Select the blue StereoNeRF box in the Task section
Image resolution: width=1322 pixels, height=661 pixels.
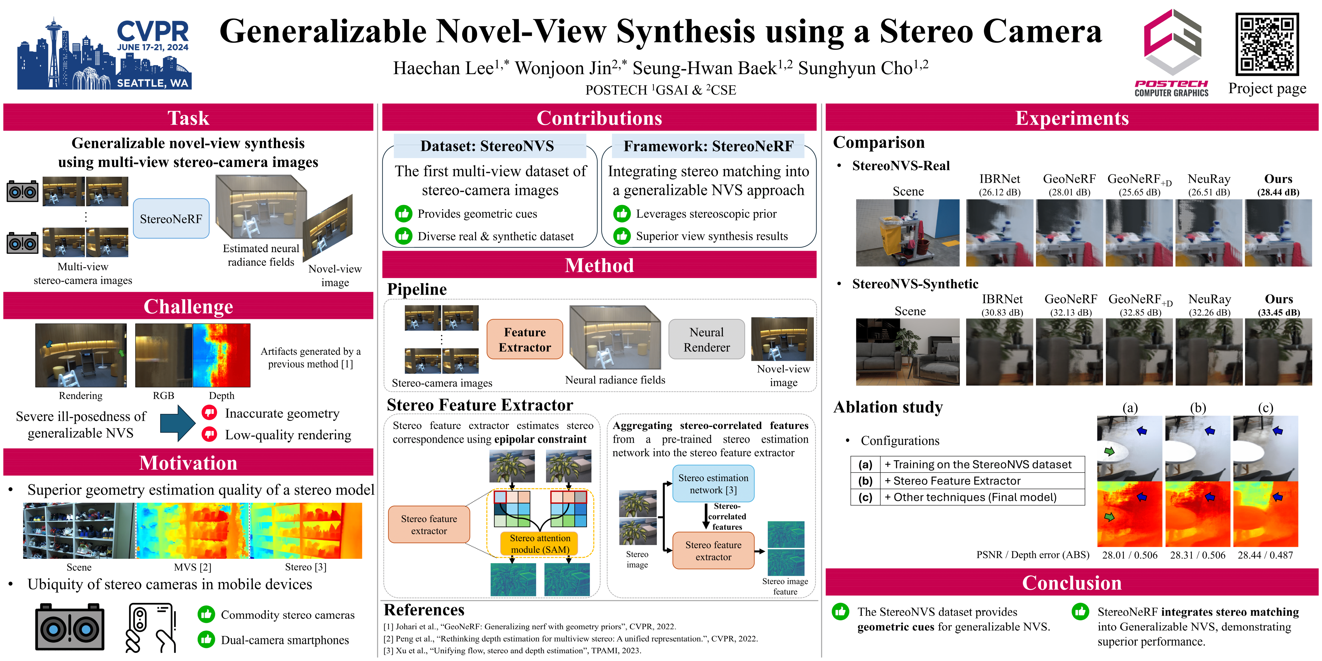[171, 219]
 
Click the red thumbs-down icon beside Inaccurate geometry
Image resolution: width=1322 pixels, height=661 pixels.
[209, 413]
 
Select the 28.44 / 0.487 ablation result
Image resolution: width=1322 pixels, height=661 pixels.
[1265, 555]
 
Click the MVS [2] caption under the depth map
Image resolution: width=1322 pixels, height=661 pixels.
[192, 567]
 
